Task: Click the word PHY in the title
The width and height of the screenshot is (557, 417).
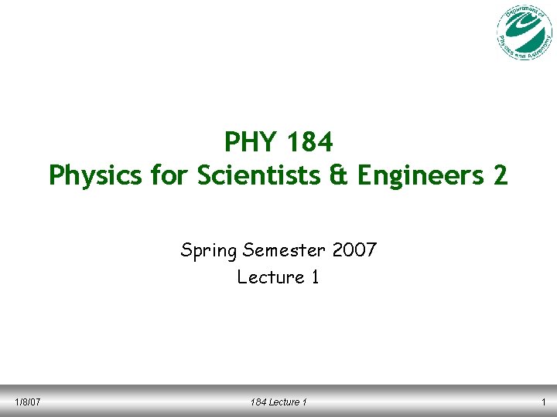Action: (x=250, y=142)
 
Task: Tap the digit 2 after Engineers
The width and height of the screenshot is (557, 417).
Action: (x=500, y=176)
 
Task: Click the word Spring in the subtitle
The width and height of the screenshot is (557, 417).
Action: (x=209, y=251)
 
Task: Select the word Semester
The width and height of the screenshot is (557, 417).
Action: (x=285, y=250)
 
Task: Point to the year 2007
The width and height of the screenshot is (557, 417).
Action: (x=354, y=250)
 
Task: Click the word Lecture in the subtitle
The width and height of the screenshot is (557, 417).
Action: (x=271, y=277)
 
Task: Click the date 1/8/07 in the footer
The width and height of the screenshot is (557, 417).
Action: (x=28, y=402)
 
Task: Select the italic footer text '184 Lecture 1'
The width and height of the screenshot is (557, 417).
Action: (x=278, y=402)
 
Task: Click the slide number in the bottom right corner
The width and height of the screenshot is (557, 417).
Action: (x=545, y=402)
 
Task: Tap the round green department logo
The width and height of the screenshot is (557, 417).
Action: (x=525, y=32)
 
